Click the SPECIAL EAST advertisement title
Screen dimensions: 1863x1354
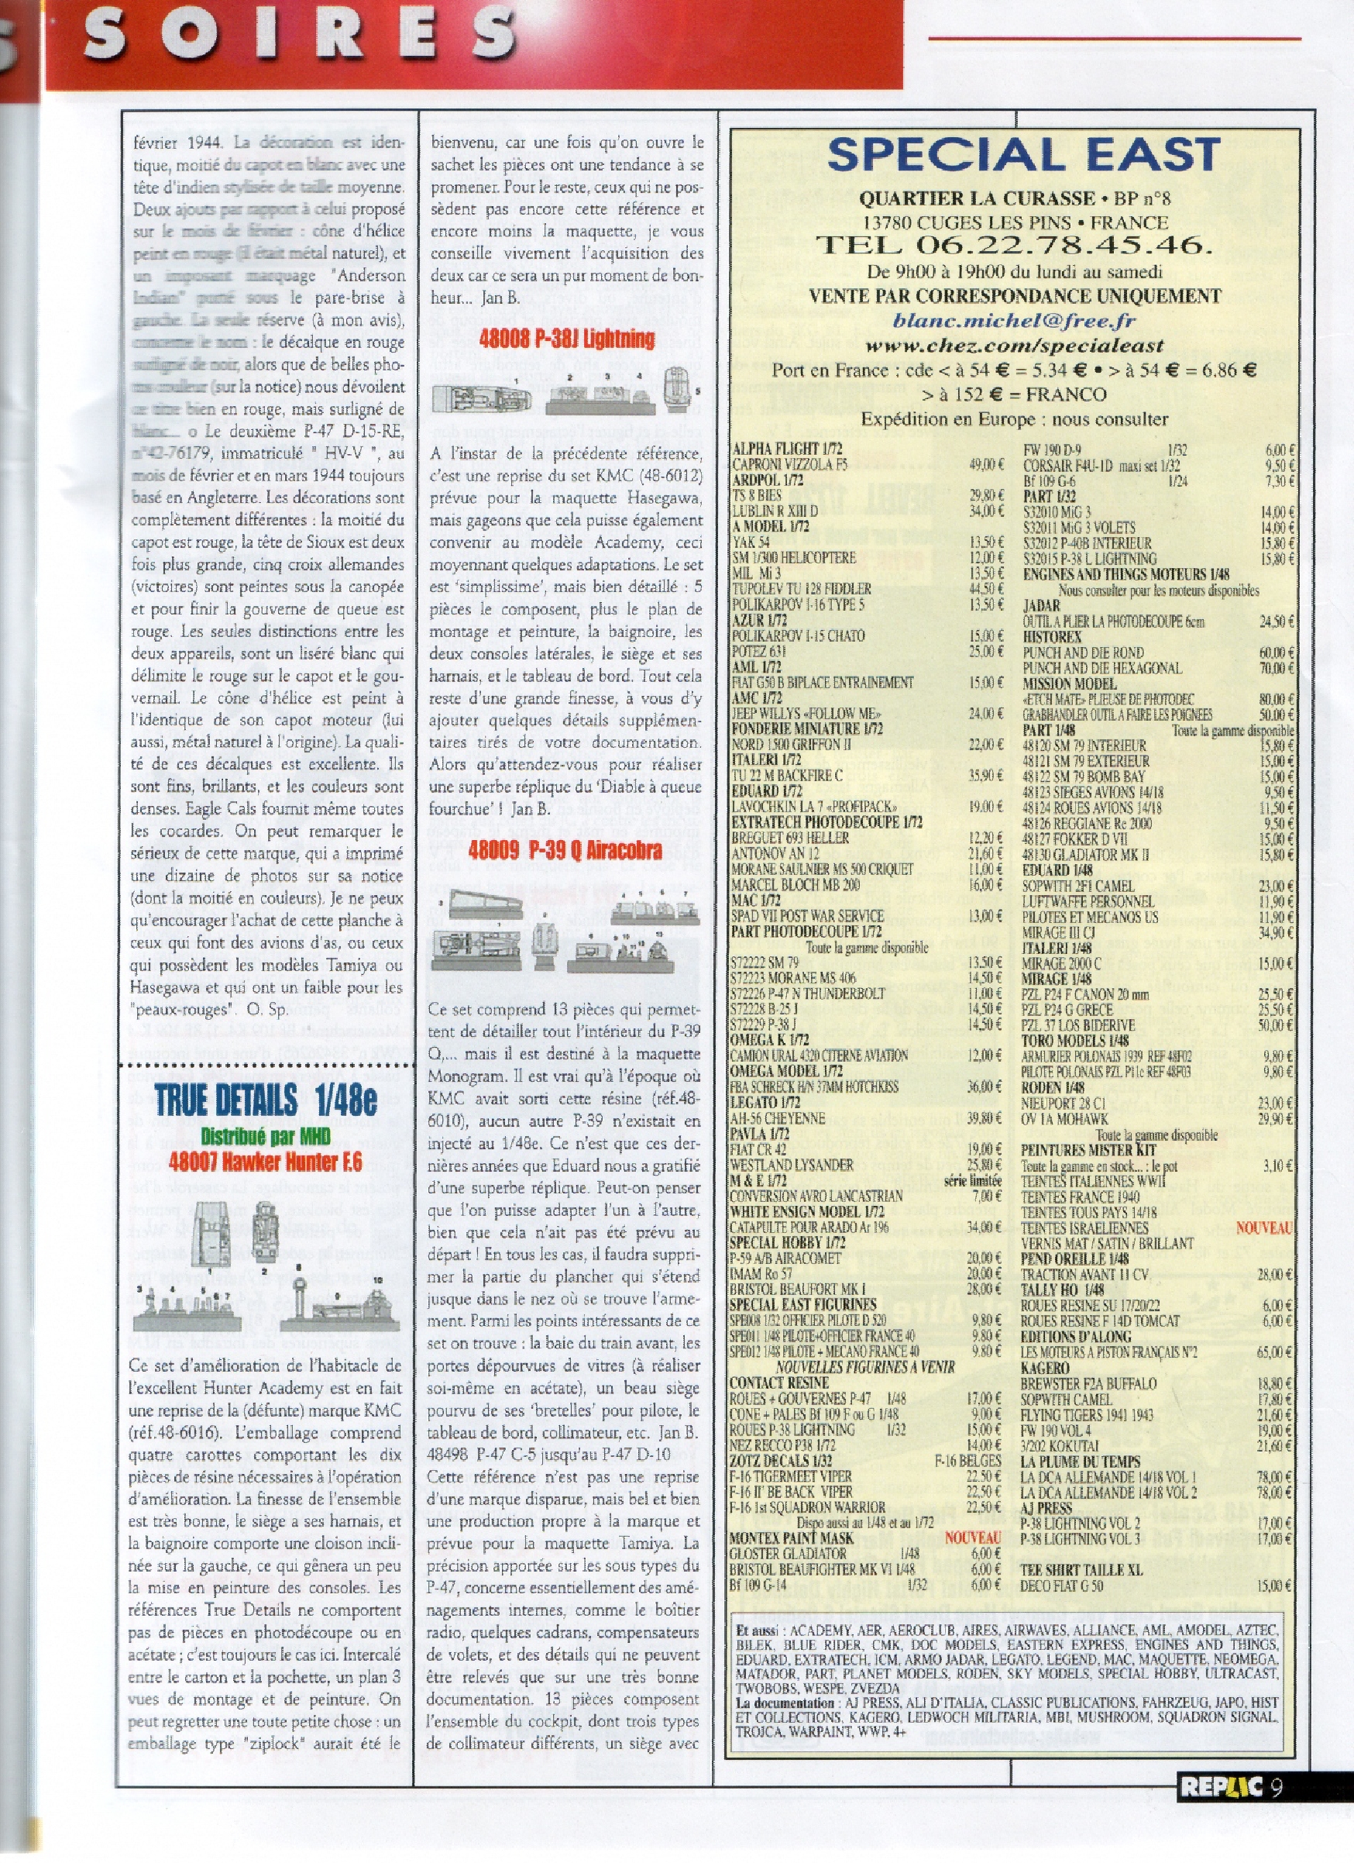[1023, 155]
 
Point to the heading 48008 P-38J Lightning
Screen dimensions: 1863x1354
[566, 339]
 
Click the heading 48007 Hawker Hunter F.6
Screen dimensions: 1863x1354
[266, 1162]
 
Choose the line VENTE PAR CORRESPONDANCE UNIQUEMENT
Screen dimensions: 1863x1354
[1014, 296]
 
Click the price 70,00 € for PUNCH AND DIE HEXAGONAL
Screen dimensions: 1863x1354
[1277, 668]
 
